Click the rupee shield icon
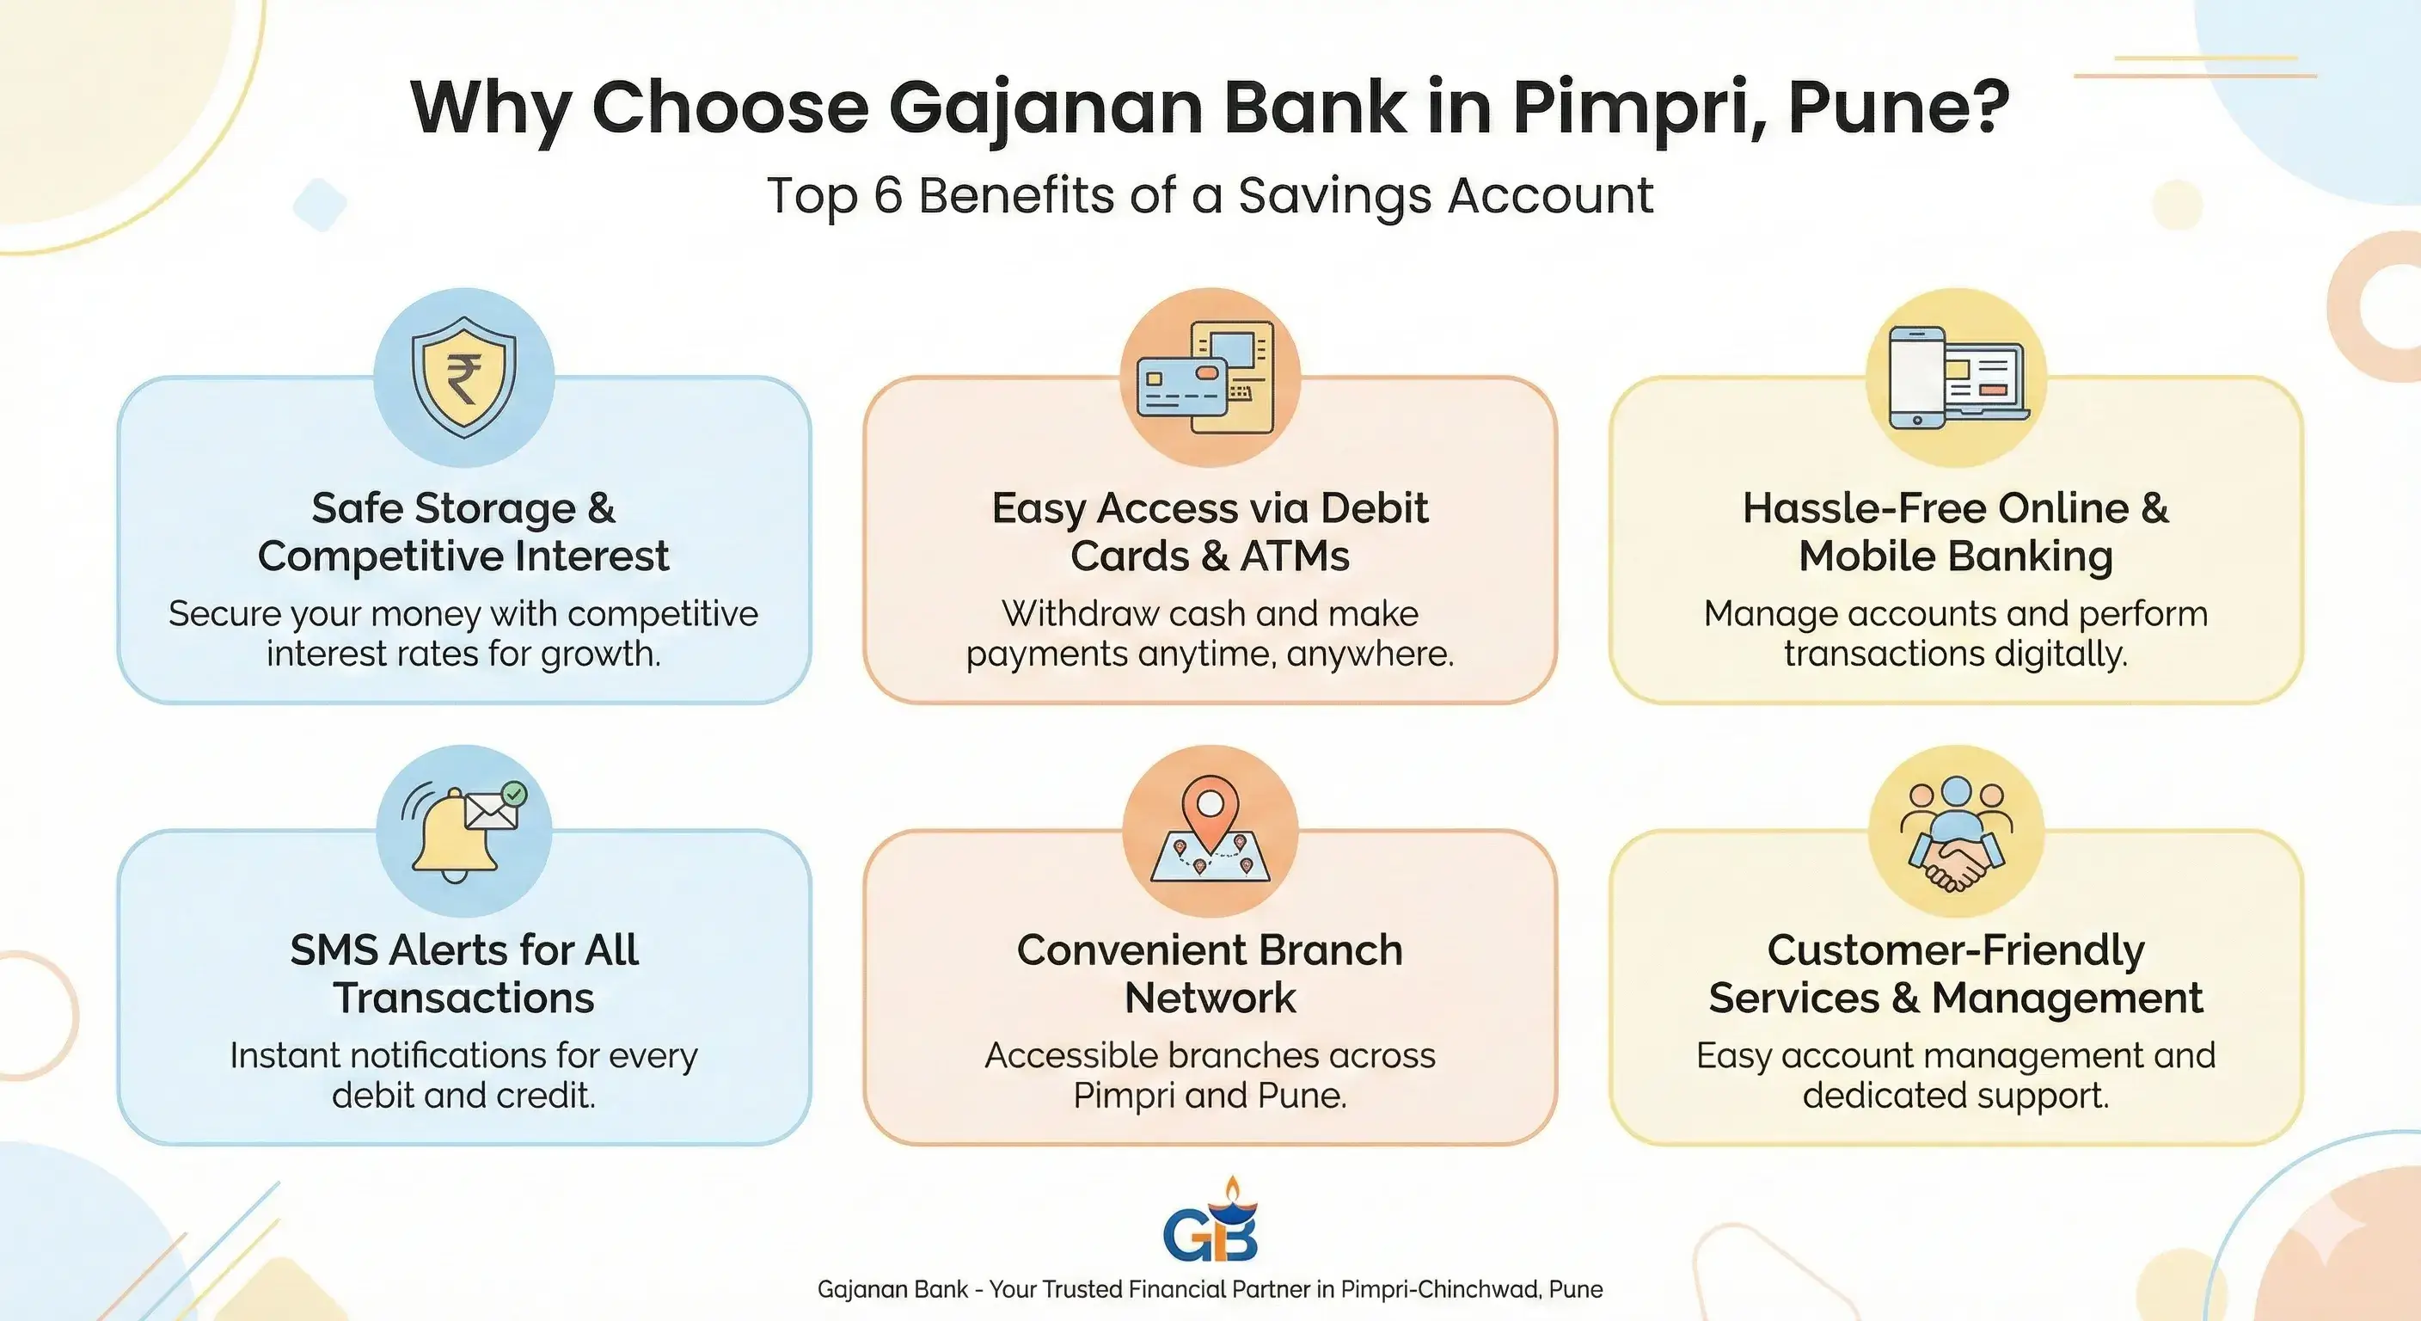[463, 377]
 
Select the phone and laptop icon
[1958, 377]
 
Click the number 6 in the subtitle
[888, 195]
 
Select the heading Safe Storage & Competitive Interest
[463, 532]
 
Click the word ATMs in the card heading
[1294, 556]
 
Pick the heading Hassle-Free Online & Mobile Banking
[1956, 532]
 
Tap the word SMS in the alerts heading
[333, 950]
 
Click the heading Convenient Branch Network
[1210, 974]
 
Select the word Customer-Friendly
[1956, 951]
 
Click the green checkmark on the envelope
[513, 795]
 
